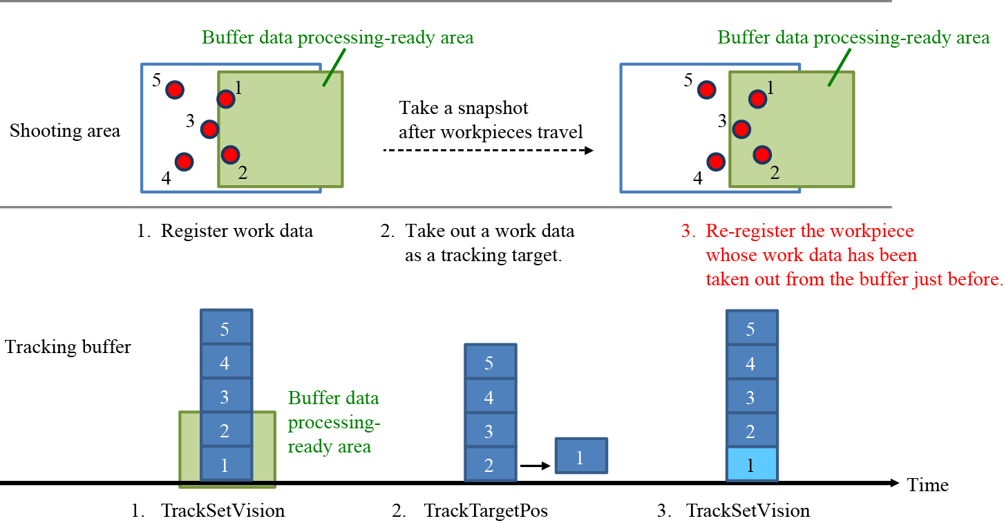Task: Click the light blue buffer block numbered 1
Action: (752, 465)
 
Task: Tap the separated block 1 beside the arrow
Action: (581, 456)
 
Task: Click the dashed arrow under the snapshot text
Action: (488, 150)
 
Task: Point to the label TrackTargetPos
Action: (485, 511)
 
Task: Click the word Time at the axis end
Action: (928, 485)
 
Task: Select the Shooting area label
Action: (65, 131)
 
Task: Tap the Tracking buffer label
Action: (68, 346)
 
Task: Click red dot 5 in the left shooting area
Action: (175, 90)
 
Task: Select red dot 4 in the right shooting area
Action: (717, 162)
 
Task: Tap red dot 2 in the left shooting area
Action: (230, 154)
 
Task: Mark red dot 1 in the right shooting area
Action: (758, 99)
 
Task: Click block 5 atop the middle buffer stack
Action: (489, 362)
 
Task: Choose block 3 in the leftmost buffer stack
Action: (225, 397)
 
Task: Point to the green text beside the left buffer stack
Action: (334, 422)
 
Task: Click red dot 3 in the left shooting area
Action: (209, 129)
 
